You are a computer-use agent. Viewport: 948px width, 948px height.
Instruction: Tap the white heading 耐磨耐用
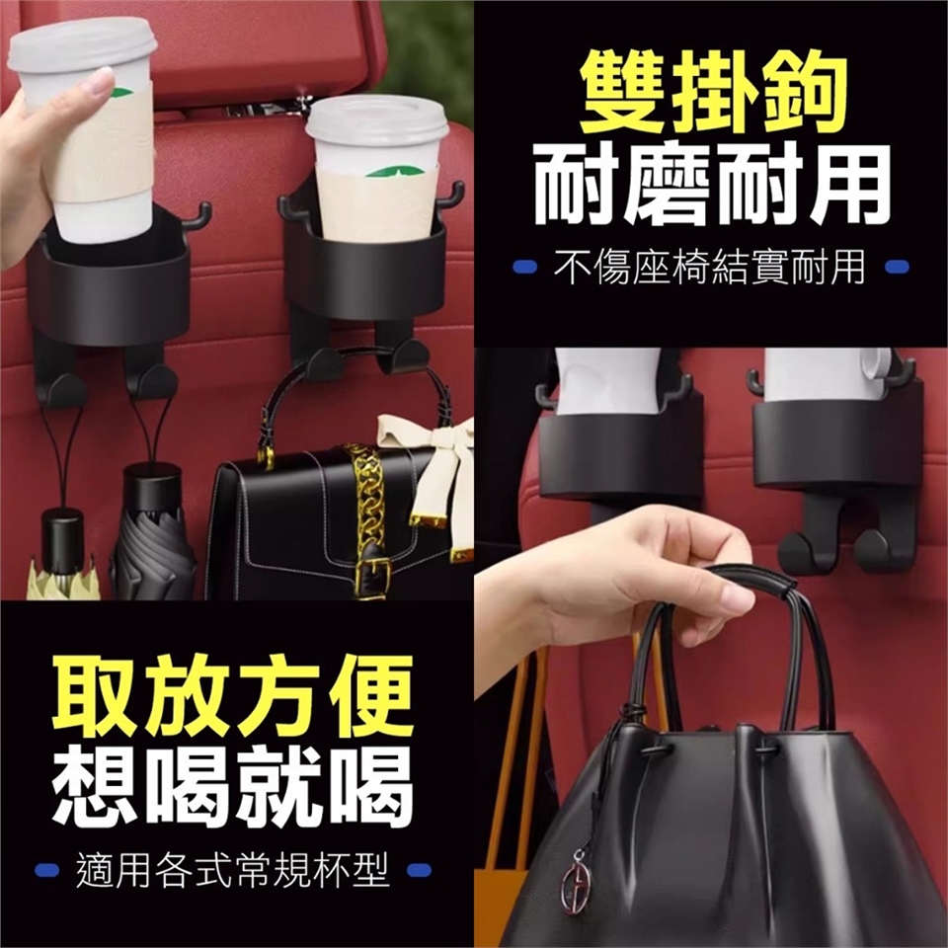pos(712,189)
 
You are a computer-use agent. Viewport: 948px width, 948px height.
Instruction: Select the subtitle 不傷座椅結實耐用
pos(709,267)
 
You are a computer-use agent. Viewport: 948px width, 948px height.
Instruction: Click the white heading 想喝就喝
pos(232,786)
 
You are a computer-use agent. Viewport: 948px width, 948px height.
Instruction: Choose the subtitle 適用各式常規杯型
pos(233,870)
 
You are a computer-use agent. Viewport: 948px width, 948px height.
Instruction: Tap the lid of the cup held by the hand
pos(82,43)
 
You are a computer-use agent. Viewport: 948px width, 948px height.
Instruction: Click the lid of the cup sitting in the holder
pos(378,120)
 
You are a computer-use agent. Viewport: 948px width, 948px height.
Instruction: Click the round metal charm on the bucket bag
pos(575,887)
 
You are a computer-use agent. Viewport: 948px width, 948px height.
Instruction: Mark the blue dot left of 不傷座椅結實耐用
pos(524,267)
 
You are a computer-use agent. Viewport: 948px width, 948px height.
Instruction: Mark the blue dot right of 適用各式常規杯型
pos(420,870)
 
